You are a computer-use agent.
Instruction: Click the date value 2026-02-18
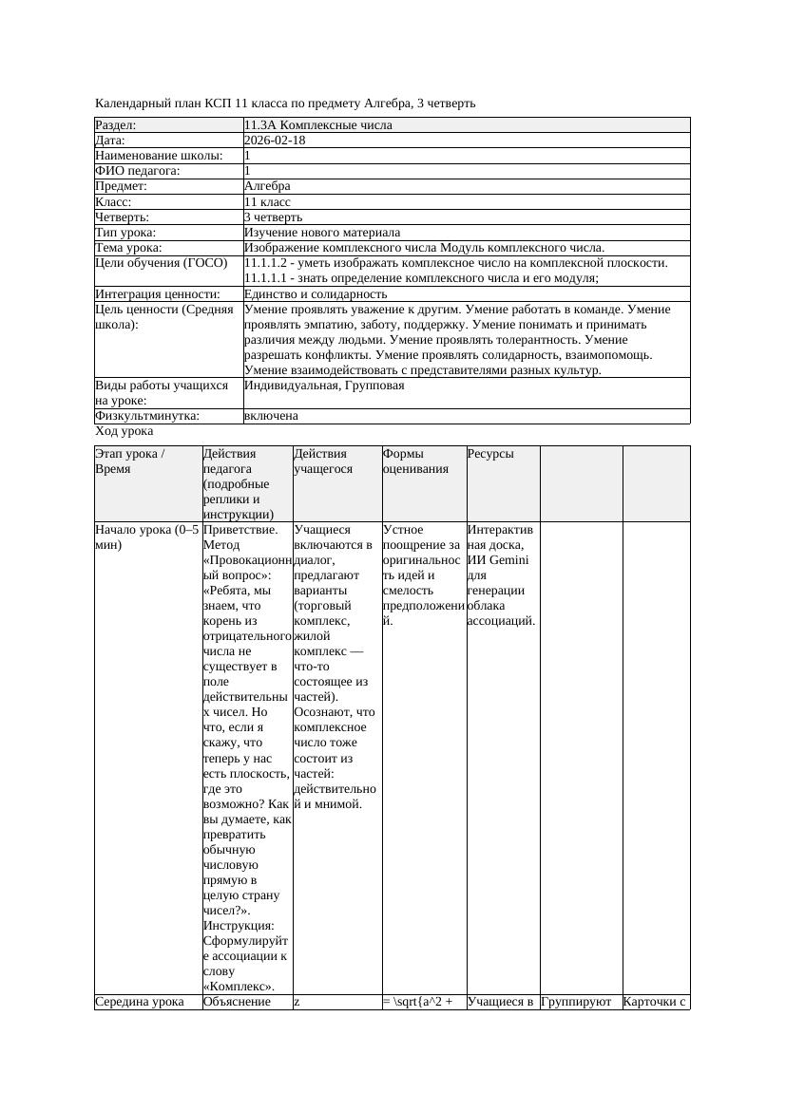275,141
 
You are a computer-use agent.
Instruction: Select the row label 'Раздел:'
116,125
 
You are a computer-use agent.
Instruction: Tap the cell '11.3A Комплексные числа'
317,125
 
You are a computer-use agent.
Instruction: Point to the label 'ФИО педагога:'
138,171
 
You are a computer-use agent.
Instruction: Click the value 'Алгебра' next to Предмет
267,186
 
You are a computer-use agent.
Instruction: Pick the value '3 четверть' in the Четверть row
273,217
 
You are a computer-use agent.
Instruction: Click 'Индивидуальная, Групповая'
324,386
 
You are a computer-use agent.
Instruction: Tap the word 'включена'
271,416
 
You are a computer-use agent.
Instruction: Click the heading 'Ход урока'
124,431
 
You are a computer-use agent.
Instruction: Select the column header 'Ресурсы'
489,454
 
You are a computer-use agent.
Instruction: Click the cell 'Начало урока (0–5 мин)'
147,537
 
